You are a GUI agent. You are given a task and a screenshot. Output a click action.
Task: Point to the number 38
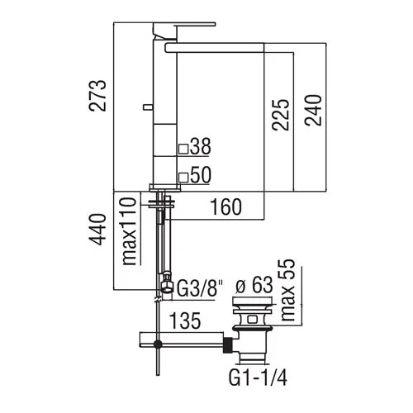201,148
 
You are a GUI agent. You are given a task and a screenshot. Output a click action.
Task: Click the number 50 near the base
201,175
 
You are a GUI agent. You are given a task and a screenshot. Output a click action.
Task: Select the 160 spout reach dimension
224,206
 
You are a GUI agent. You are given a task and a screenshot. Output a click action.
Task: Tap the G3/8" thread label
202,287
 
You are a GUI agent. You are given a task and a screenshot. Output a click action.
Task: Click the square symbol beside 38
183,149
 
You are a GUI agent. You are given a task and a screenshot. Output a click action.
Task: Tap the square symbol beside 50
183,176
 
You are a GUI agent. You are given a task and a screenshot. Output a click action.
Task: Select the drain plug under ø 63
249,316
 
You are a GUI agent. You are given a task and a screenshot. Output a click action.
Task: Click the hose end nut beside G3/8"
166,286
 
